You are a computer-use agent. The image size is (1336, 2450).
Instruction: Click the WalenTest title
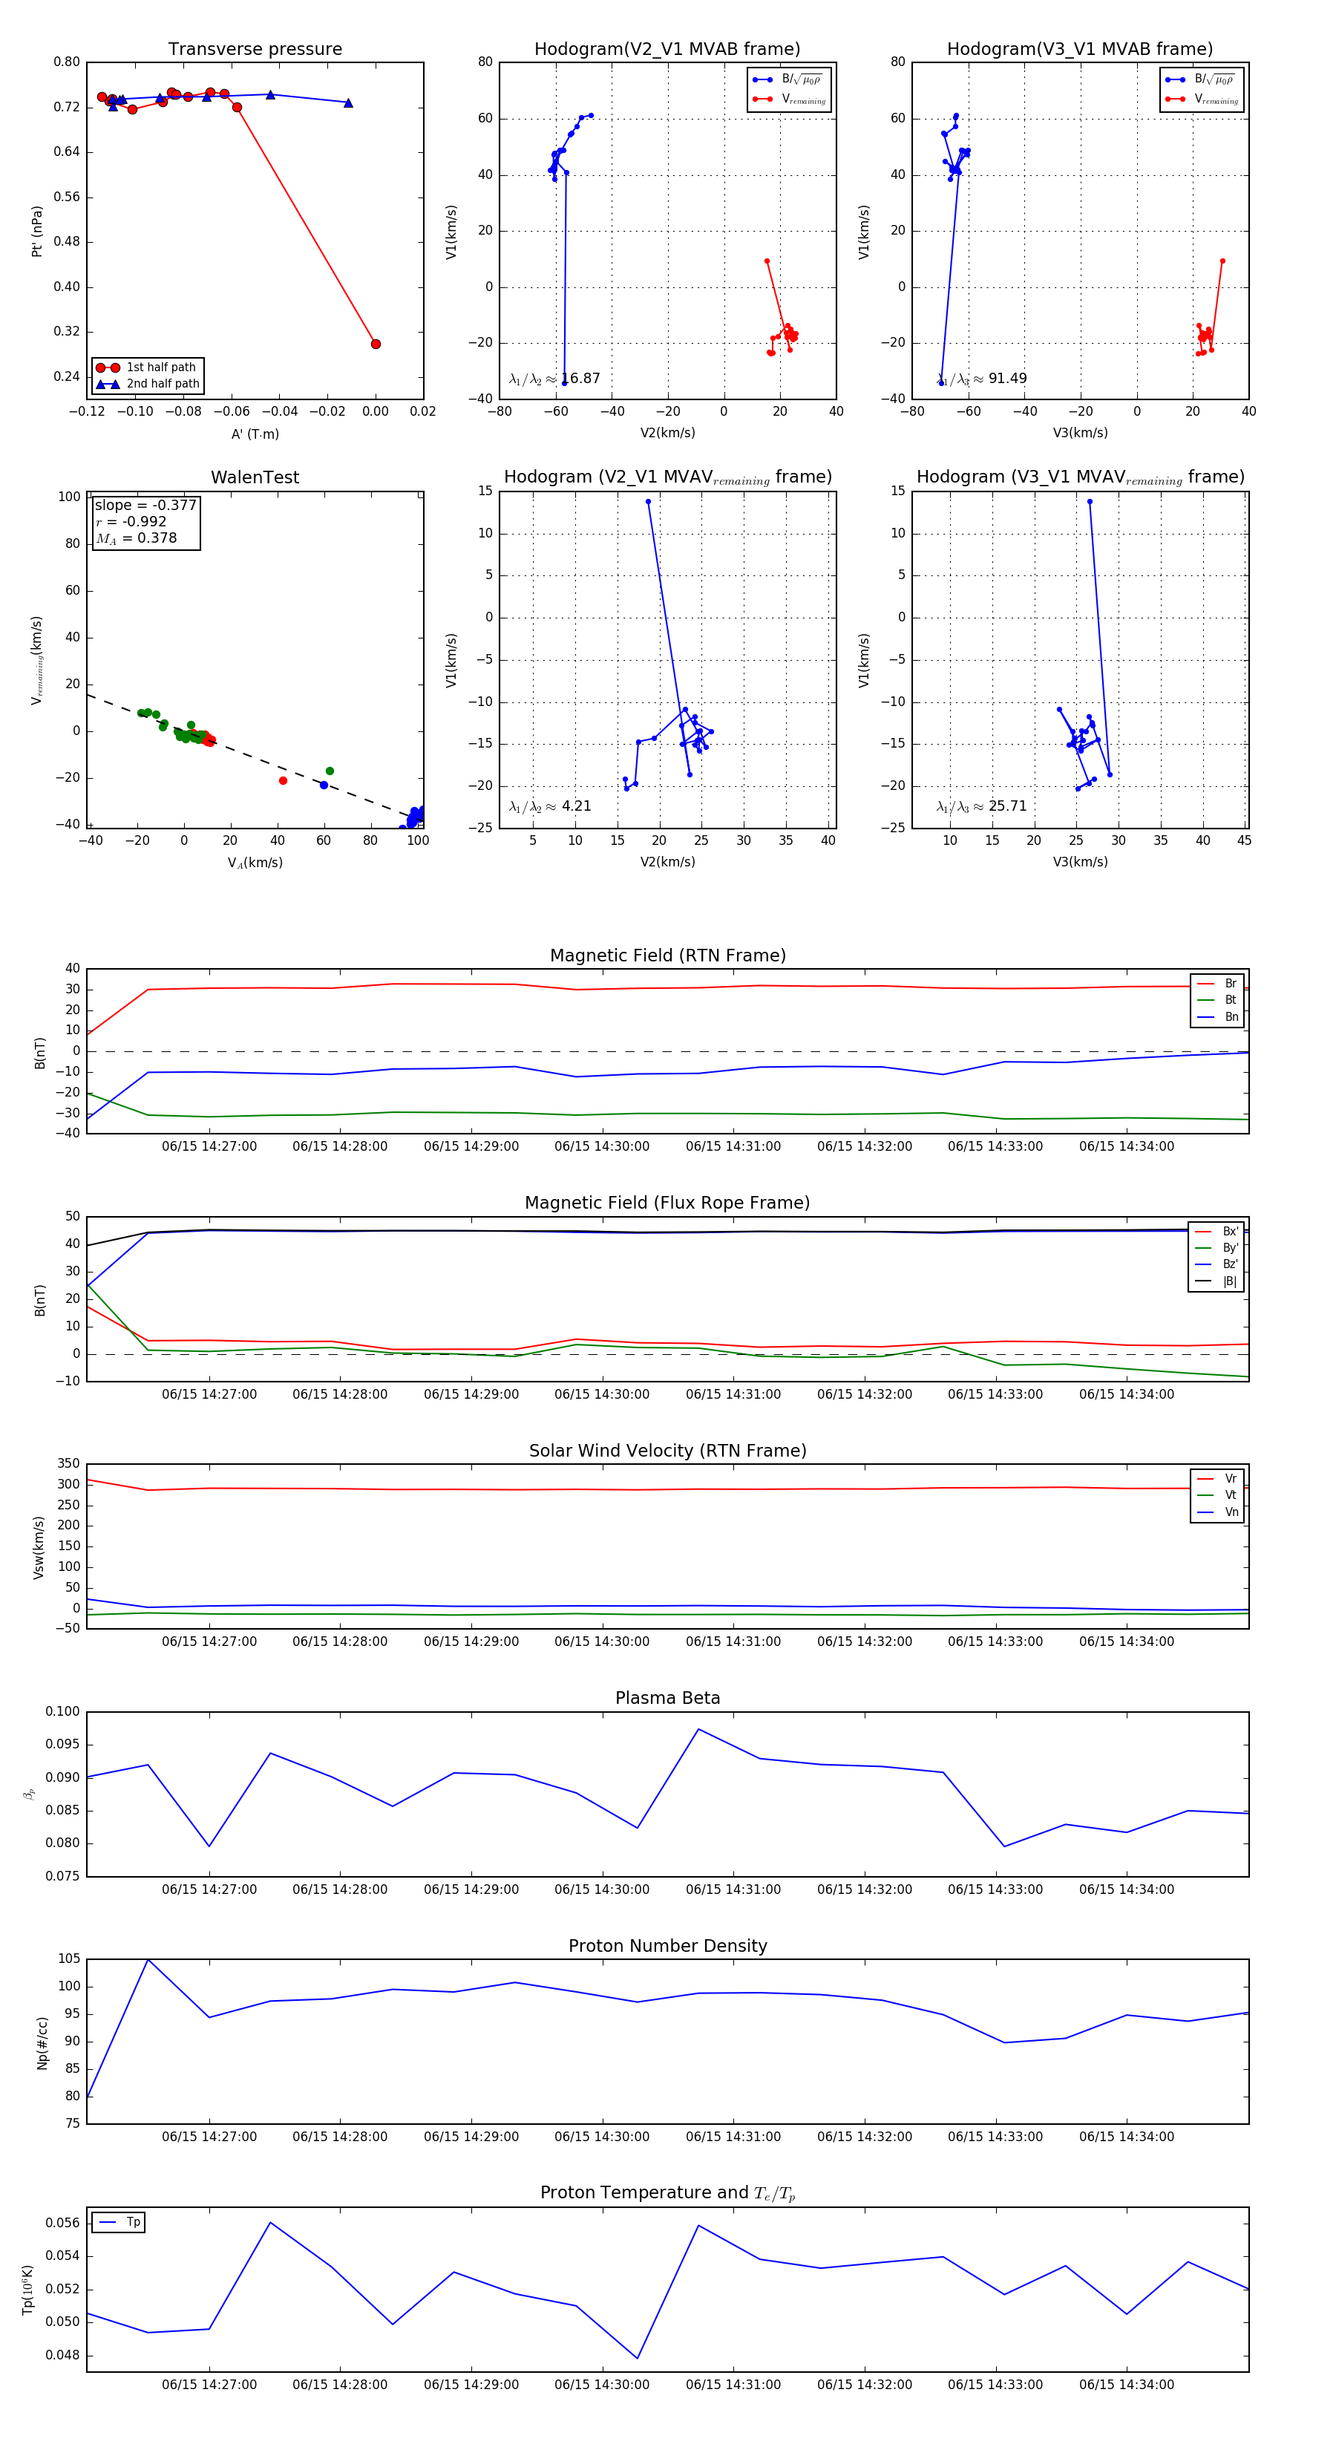pos(255,477)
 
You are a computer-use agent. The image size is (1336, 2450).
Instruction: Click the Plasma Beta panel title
pos(667,1699)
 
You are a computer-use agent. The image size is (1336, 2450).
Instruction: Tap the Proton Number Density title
pos(667,1946)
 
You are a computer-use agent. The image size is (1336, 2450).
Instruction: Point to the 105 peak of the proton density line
pos(148,1960)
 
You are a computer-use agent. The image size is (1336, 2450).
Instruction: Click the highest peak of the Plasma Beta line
pos(699,1729)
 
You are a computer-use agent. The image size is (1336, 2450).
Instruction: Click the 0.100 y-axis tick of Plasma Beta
pos(63,1712)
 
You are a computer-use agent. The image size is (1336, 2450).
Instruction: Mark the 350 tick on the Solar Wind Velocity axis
pos(68,1464)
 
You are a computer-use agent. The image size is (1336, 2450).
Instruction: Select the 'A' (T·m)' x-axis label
pos(255,434)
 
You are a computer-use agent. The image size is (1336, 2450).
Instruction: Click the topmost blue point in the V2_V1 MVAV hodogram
pos(649,501)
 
